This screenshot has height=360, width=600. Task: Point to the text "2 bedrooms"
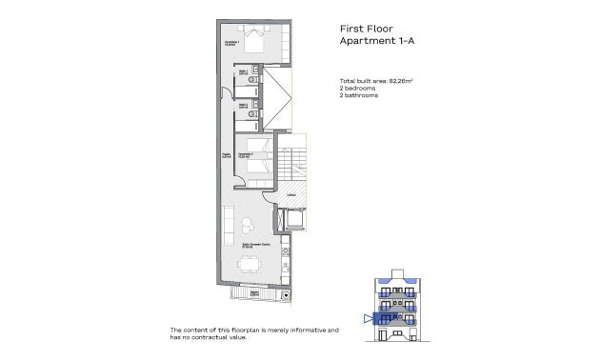358,88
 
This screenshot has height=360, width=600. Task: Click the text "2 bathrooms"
359,95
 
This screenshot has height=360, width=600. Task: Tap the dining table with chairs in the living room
250,261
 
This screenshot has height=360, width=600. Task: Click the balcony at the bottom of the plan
252,294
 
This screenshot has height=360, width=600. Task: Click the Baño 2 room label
244,105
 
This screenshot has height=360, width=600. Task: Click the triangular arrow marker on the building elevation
368,318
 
